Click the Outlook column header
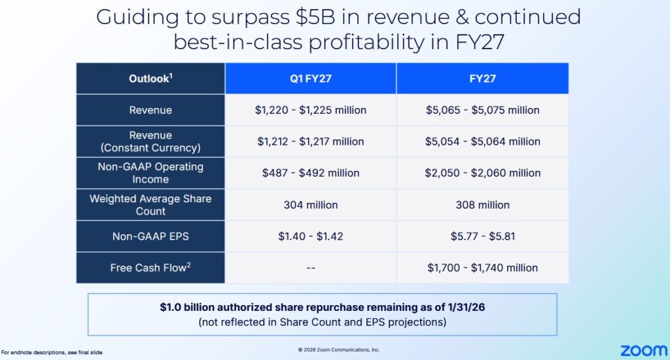click(x=150, y=79)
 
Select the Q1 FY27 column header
click(x=311, y=79)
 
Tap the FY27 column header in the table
click(x=483, y=79)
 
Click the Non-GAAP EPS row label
click(x=150, y=236)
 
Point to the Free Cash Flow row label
click(x=150, y=268)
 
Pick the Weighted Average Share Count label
click(x=150, y=205)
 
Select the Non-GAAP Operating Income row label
click(x=150, y=173)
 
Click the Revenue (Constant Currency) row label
click(x=150, y=141)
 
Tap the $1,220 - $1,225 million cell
click(x=311, y=110)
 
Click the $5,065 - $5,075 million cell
click(x=483, y=110)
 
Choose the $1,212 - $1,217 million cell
click(x=311, y=141)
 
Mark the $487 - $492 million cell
click(x=311, y=173)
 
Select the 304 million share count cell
click(x=311, y=205)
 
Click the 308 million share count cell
click(x=483, y=205)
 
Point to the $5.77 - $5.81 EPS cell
click(x=483, y=236)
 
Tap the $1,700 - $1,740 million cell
click(x=483, y=268)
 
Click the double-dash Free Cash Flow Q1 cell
click(x=311, y=268)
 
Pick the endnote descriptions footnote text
click(x=52, y=353)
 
